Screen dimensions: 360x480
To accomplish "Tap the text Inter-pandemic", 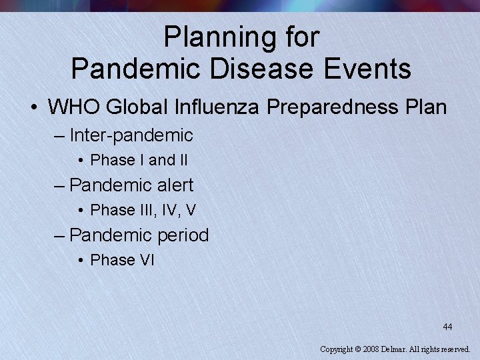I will click(131, 136).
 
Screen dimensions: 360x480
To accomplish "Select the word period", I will click(183, 235).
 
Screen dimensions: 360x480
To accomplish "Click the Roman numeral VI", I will click(147, 260).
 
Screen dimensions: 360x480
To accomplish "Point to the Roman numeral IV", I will click(171, 210).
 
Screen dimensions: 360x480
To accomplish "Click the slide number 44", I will click(447, 327).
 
